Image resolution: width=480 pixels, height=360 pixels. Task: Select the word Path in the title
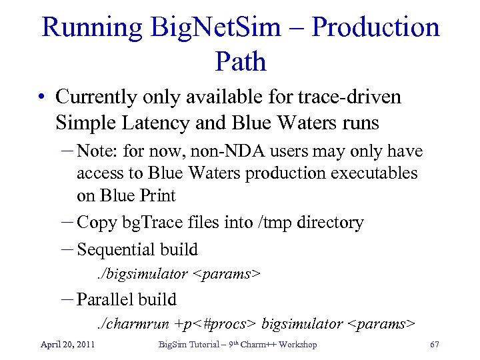(241, 62)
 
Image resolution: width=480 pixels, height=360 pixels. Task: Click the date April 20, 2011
(67, 345)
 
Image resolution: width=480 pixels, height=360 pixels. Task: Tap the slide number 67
(434, 345)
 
